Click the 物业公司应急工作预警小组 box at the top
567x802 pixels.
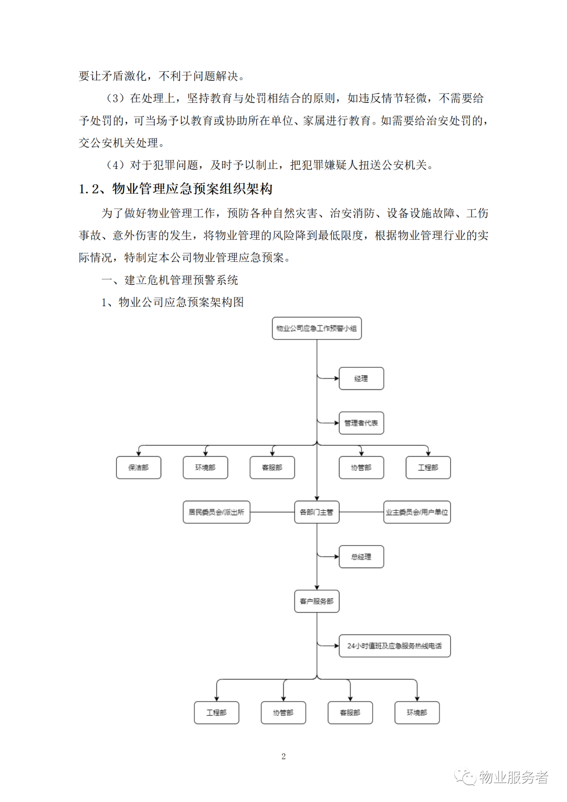tap(317, 328)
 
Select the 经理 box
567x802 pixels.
tap(361, 378)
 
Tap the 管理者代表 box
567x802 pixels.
tap(361, 423)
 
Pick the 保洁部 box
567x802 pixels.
tap(138, 467)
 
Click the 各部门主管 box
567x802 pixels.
tap(317, 512)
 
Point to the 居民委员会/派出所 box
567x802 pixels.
tap(216, 512)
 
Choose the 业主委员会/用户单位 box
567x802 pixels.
tap(417, 512)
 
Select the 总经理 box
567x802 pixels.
tap(361, 556)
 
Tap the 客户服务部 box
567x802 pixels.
tap(317, 601)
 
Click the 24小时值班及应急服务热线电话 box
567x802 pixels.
tap(395, 646)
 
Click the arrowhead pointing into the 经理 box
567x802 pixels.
tap(337, 378)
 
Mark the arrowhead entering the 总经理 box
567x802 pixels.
tap(337, 556)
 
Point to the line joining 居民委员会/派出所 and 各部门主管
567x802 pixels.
tap(272, 512)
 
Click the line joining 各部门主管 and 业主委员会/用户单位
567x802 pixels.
tap(361, 512)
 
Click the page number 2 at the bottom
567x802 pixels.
tap(283, 756)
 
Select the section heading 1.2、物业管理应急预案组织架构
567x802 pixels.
tap(175, 188)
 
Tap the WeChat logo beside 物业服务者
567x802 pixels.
tap(465, 777)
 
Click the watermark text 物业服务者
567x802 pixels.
tap(513, 777)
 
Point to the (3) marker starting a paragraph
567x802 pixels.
tap(115, 98)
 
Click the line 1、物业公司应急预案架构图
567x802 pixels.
tap(173, 302)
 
